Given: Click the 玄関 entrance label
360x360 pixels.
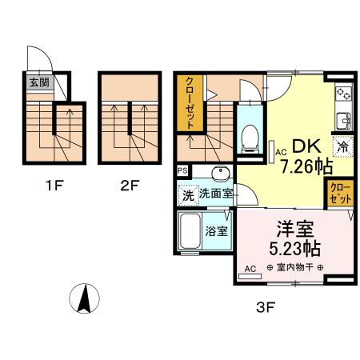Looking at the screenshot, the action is (x=39, y=82).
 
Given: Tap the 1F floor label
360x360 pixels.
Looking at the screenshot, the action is (x=55, y=186).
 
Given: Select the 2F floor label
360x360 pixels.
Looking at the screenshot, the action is (x=130, y=186).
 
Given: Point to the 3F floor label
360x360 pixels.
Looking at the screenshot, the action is (x=266, y=308).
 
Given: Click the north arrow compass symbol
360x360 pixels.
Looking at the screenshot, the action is (x=84, y=298).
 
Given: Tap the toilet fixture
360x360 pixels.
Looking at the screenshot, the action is (x=250, y=138).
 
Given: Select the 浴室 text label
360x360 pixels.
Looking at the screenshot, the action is (x=217, y=231).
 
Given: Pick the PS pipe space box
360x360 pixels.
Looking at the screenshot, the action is (x=182, y=170).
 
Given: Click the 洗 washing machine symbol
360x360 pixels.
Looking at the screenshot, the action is (x=188, y=196).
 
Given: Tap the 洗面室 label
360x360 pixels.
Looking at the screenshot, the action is (x=216, y=194).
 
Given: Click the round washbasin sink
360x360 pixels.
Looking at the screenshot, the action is (x=221, y=174).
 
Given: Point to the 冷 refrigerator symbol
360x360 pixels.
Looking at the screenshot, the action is (x=343, y=146).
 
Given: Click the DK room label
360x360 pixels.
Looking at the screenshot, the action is (x=306, y=146).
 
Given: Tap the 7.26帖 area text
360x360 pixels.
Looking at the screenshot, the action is (x=307, y=166).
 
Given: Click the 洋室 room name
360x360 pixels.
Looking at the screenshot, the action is (x=295, y=229).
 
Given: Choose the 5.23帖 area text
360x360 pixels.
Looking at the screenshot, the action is (x=294, y=249).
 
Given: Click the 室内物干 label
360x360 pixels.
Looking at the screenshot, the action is (x=294, y=267).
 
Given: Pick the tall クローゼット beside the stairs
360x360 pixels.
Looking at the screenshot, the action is (x=190, y=103).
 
